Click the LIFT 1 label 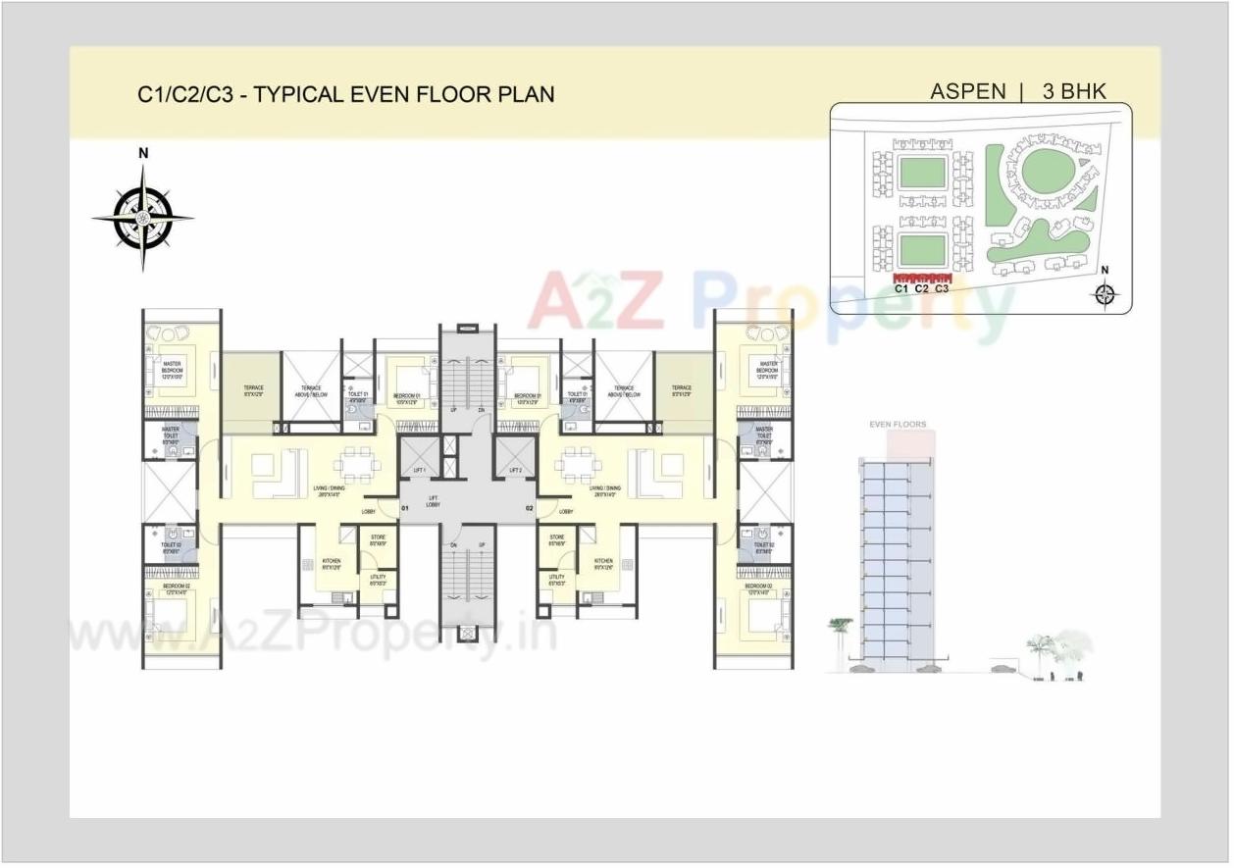(x=420, y=472)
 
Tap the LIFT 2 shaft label (x=516, y=472)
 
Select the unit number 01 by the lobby (x=405, y=509)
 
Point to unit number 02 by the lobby (x=530, y=509)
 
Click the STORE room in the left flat (x=378, y=540)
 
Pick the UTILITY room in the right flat (x=557, y=580)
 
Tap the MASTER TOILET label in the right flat (x=764, y=434)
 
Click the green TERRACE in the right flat (x=682, y=392)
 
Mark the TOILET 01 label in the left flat (x=357, y=397)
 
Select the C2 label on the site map (x=921, y=288)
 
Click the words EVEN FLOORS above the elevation (x=898, y=425)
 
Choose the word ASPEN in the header (x=967, y=92)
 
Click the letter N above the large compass (x=143, y=153)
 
